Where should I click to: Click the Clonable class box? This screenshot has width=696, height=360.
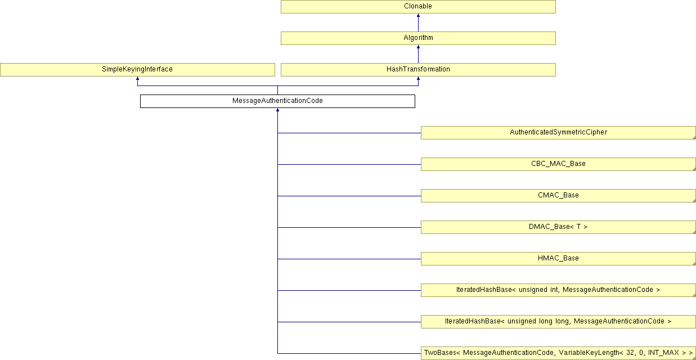point(418,7)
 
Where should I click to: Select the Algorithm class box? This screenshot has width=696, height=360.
point(418,38)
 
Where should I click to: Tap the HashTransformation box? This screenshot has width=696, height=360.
point(418,70)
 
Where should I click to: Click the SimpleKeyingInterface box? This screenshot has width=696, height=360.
point(137,70)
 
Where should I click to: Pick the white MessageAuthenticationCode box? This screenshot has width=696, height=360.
point(277,101)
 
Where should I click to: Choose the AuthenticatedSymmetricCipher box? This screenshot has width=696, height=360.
point(558,133)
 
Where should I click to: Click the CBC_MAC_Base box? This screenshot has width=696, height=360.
point(558,164)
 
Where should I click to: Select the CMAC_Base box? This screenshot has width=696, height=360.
point(558,196)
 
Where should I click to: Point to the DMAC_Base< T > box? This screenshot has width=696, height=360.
point(558,227)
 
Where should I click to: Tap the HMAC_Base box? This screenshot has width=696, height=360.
point(558,259)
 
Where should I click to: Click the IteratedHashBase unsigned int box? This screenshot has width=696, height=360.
point(558,290)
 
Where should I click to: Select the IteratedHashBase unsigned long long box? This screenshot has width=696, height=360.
point(558,322)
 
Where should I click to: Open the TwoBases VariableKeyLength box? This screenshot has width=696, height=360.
point(558,353)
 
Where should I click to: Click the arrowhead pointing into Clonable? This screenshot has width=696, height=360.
point(418,16)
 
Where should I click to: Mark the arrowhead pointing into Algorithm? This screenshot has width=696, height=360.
point(418,47)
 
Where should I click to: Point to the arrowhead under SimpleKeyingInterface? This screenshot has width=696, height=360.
point(137,79)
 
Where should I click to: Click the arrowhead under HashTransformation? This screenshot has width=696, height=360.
point(418,79)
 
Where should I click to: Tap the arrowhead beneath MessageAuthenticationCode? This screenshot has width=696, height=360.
point(277,110)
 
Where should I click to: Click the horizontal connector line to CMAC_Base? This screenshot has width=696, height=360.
point(349,196)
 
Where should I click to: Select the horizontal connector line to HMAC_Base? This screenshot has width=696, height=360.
point(349,259)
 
